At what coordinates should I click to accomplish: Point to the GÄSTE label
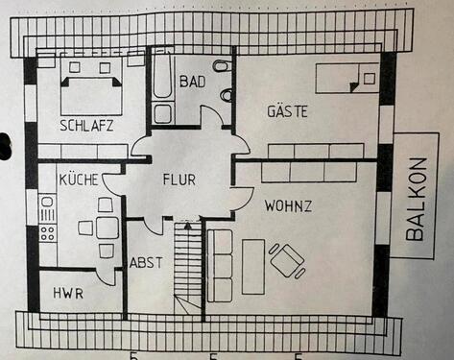287,111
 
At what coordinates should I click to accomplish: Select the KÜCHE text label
76,180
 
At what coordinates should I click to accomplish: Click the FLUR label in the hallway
179,180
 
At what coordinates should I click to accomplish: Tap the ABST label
146,262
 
